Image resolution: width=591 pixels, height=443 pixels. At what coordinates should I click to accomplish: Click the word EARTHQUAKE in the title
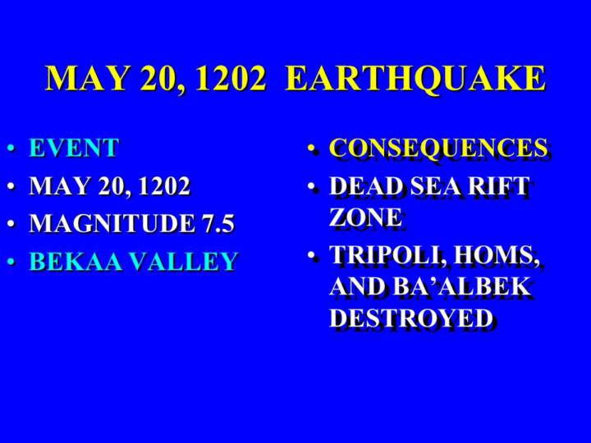pos(415,79)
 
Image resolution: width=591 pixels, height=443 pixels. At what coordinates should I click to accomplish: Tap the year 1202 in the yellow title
pos(231,79)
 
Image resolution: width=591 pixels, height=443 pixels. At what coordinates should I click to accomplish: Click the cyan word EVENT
pos(74,148)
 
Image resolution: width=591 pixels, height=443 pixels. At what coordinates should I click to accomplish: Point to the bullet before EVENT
pos(11,148)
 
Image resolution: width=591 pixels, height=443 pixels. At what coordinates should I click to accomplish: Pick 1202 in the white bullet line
pos(164,185)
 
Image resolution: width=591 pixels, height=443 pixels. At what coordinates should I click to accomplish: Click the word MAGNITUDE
pos(112,223)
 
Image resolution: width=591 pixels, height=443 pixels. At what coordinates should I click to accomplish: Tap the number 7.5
pos(218,223)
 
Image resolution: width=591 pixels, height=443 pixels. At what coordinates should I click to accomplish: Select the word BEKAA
pos(76,261)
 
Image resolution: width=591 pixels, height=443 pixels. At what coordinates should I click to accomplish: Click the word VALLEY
pos(185,261)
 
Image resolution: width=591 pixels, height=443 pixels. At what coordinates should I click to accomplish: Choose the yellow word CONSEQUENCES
pos(438,148)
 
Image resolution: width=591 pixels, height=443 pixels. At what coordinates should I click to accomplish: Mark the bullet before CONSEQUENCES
pos(311,148)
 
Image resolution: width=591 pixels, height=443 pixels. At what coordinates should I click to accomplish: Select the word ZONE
pos(365,217)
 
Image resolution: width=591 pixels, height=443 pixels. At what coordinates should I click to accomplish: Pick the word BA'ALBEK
pos(461,286)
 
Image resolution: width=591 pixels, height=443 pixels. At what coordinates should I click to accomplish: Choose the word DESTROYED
pos(411,318)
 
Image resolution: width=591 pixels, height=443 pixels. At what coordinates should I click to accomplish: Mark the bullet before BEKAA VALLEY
pos(11,261)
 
